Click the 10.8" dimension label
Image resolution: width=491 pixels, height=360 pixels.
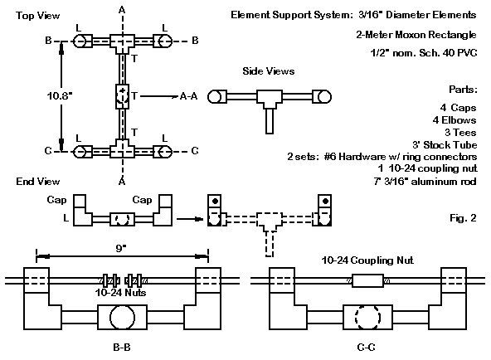(x=59, y=95)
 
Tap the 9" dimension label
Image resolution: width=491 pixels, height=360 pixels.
(x=120, y=248)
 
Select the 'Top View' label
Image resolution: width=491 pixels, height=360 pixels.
(x=37, y=15)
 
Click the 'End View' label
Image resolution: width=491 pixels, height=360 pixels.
(x=38, y=182)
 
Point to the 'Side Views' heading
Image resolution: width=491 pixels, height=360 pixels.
(x=269, y=71)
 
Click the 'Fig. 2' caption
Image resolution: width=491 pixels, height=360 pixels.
(x=463, y=218)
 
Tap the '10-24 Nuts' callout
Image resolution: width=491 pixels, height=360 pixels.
(x=120, y=293)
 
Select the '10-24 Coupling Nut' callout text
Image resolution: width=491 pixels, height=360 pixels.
(x=367, y=260)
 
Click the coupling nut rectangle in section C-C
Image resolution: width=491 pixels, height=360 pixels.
(x=367, y=280)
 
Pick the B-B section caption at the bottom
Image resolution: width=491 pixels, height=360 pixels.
(x=121, y=348)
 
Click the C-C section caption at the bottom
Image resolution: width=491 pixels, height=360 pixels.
(x=366, y=348)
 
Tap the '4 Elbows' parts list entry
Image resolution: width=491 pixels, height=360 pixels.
(x=455, y=120)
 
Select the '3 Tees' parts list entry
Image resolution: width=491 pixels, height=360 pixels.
(x=460, y=133)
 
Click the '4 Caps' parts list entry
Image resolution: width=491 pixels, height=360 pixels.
(x=458, y=108)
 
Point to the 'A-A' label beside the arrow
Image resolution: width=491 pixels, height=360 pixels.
(x=189, y=96)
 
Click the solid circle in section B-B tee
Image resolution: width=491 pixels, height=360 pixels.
(x=123, y=317)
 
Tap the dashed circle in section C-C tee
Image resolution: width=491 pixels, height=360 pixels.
(x=367, y=317)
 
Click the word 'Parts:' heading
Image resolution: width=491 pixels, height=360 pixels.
(x=463, y=90)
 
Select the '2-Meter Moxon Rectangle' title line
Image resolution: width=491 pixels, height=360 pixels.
(x=416, y=35)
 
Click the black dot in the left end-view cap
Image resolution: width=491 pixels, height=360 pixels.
(x=215, y=201)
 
